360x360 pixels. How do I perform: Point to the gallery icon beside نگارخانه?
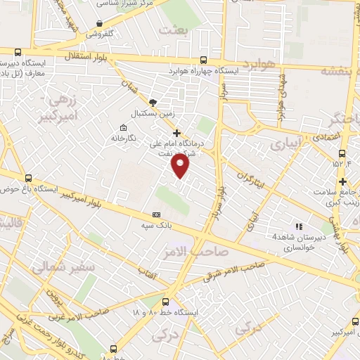(x=124, y=127)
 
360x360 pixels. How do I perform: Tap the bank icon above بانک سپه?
(x=155, y=214)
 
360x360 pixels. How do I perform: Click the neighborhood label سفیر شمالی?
(x=57, y=268)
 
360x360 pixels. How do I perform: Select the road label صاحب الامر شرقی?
(x=233, y=271)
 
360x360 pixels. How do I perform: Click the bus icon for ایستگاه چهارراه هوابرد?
(x=203, y=60)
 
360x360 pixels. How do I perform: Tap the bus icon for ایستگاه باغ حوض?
(x=28, y=178)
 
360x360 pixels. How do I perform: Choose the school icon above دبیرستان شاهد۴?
(x=299, y=226)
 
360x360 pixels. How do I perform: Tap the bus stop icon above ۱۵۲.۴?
(x=342, y=154)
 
